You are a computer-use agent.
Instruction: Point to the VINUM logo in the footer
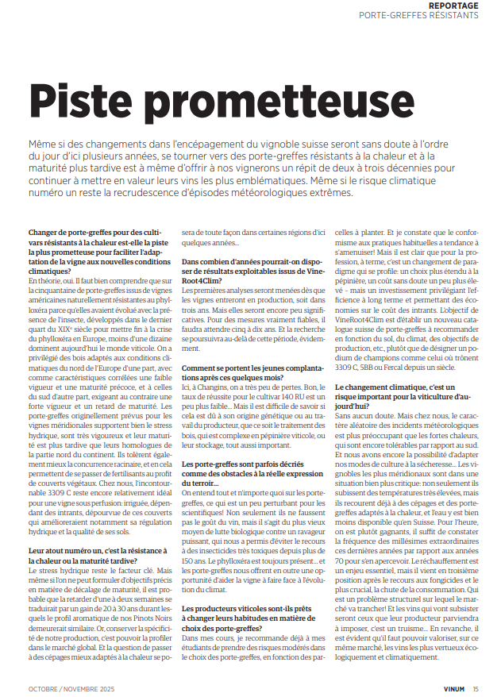point(451,687)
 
